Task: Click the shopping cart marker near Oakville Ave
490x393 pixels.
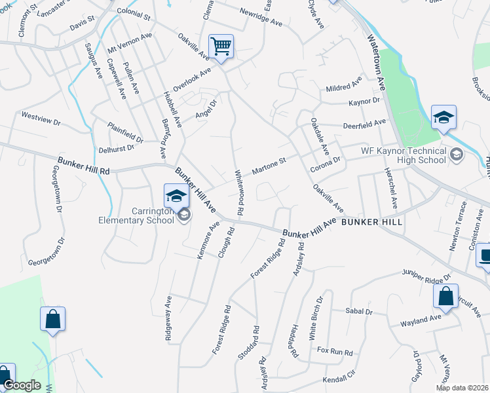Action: coord(221,46)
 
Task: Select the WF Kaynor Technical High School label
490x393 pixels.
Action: coord(404,155)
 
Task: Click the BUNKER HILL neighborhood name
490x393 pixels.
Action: coord(371,222)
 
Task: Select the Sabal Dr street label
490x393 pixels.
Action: coord(360,312)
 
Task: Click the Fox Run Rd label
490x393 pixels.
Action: coord(335,351)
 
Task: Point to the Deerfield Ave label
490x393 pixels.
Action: coord(364,123)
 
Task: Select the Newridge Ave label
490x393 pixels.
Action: coord(261,18)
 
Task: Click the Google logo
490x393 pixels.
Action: coord(22,385)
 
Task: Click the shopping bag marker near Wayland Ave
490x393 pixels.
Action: coord(445,295)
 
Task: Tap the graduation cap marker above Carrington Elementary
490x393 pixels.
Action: coord(176,196)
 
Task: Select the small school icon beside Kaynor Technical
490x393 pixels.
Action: coord(457,155)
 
